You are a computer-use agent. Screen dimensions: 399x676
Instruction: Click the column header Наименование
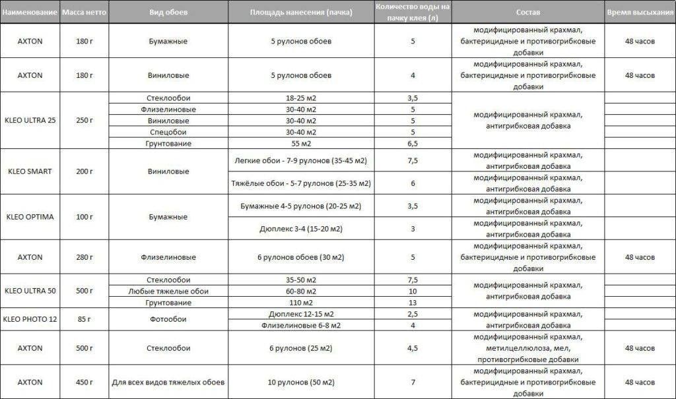point(30,13)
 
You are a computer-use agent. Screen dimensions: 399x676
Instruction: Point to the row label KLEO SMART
point(30,171)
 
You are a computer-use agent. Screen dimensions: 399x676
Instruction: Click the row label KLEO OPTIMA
point(30,217)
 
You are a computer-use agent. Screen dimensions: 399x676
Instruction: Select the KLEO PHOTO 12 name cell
point(30,319)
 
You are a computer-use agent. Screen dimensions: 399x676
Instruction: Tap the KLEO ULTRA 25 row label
point(30,121)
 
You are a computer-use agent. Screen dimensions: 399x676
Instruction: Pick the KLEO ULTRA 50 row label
point(30,291)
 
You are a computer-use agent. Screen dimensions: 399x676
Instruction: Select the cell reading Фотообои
point(169,319)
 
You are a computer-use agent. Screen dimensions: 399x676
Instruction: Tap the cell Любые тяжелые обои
point(169,291)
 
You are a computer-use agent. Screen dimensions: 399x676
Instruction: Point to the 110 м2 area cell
point(301,303)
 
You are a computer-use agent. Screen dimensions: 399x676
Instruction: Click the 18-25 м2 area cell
point(301,98)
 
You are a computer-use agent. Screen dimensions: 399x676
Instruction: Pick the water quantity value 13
point(413,303)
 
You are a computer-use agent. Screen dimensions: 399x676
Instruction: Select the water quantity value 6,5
point(413,143)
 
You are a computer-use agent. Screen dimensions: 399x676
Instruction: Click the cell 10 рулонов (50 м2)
point(301,383)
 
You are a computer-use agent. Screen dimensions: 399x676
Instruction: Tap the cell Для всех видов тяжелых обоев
point(169,383)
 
